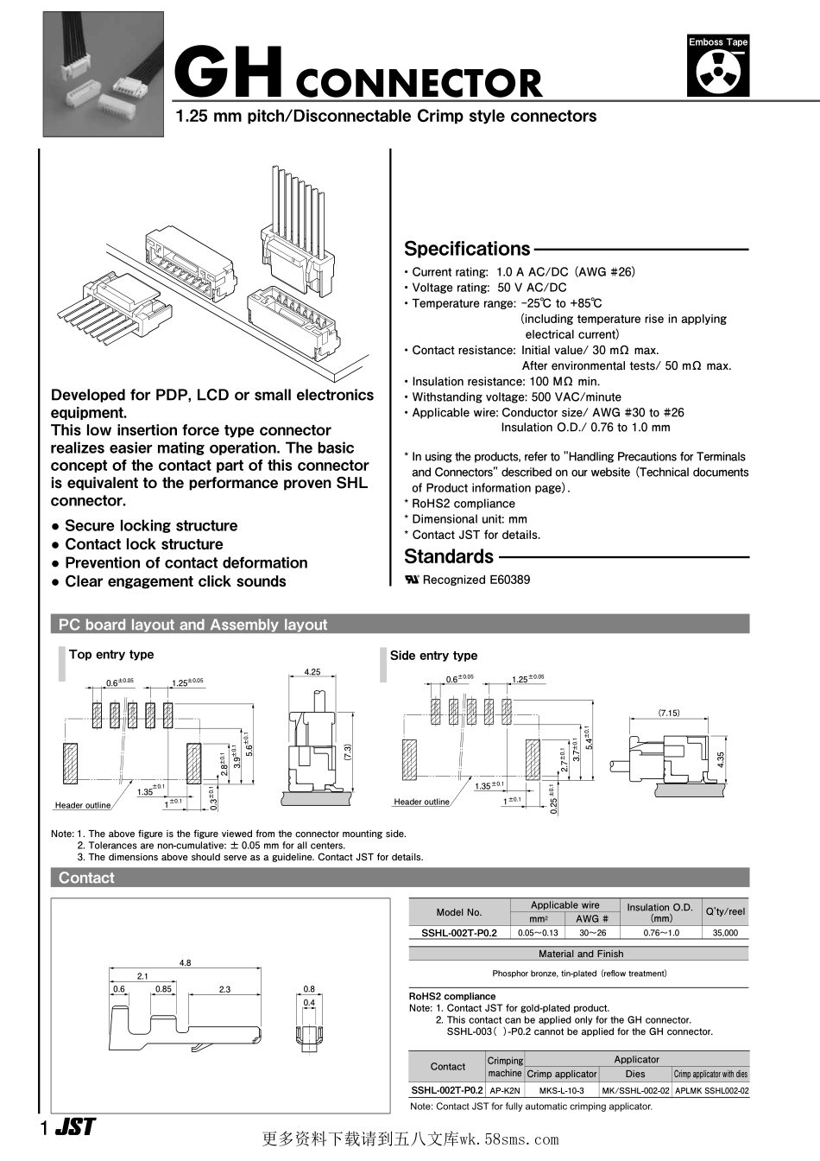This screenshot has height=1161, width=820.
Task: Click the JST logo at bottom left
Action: pyautogui.click(x=75, y=1127)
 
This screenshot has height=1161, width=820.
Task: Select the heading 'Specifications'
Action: pyautogui.click(x=467, y=249)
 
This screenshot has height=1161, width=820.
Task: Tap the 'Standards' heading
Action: pyautogui.click(x=449, y=556)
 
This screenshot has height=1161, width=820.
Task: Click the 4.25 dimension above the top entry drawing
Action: pyautogui.click(x=312, y=672)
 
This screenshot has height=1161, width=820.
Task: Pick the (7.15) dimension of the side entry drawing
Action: pyautogui.click(x=669, y=713)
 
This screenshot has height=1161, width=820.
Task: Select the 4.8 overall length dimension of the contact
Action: pyautogui.click(x=185, y=962)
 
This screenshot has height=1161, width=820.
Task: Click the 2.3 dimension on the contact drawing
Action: pyautogui.click(x=224, y=989)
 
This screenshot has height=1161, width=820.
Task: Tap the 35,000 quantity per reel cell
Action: pyautogui.click(x=725, y=933)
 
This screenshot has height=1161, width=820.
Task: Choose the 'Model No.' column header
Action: pyautogui.click(x=459, y=912)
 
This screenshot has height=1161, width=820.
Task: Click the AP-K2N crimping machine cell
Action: pyautogui.click(x=505, y=1090)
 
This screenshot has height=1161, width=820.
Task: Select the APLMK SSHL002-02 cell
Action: pyautogui.click(x=711, y=1090)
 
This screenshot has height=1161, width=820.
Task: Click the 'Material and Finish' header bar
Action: pyautogui.click(x=580, y=954)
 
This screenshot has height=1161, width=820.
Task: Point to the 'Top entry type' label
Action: pyautogui.click(x=111, y=655)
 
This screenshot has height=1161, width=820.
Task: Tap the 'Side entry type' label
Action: pyautogui.click(x=433, y=656)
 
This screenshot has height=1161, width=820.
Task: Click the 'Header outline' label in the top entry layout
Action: pyautogui.click(x=83, y=805)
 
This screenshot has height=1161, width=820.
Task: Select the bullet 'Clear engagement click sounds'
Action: pyautogui.click(x=175, y=581)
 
